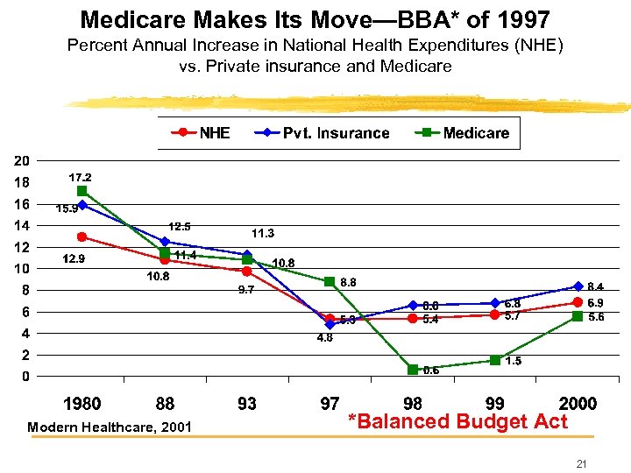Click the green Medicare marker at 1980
click(82, 191)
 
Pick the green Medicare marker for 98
click(413, 370)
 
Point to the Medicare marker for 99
click(495, 360)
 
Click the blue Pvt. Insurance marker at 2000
click(578, 286)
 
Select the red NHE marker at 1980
click(82, 237)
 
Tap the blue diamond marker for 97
click(330, 324)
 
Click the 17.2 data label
click(80, 177)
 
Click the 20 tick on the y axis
click(22, 161)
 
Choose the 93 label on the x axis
click(247, 404)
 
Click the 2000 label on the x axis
click(578, 404)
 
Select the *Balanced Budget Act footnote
click(457, 421)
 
